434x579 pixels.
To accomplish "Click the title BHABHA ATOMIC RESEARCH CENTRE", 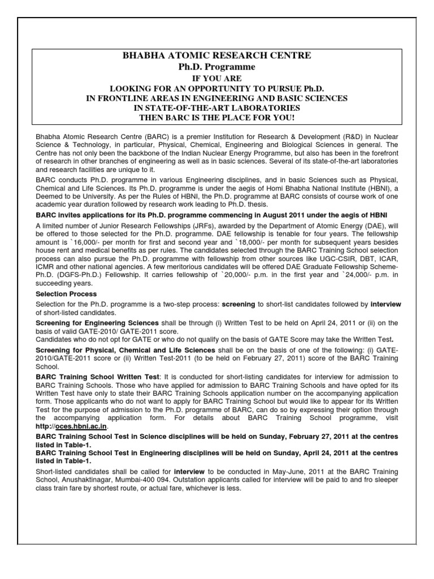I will coord(217,55).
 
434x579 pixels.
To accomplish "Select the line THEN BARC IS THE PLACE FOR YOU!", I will coord(217,117).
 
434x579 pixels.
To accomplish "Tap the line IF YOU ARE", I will coord(217,79).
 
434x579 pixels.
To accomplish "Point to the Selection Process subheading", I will coord(66,294).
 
